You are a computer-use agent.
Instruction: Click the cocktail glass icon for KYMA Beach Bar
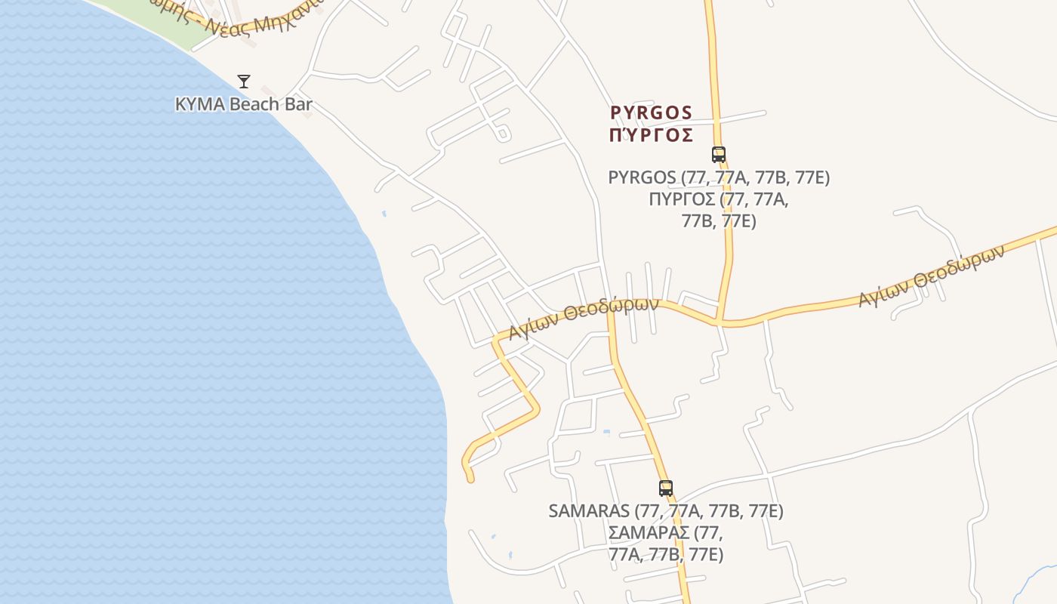point(243,81)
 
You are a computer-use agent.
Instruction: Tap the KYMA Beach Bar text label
point(243,104)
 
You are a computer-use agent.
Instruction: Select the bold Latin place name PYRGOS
point(651,112)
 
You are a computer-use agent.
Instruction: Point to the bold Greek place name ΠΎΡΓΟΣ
point(651,135)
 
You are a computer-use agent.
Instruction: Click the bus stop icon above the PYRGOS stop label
point(718,155)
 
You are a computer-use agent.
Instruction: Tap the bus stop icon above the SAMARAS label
point(665,488)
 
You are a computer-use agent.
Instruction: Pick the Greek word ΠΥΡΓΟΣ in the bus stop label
point(682,199)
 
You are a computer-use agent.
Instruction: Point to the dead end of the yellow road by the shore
point(470,479)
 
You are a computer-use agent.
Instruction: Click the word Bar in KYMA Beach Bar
point(297,104)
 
